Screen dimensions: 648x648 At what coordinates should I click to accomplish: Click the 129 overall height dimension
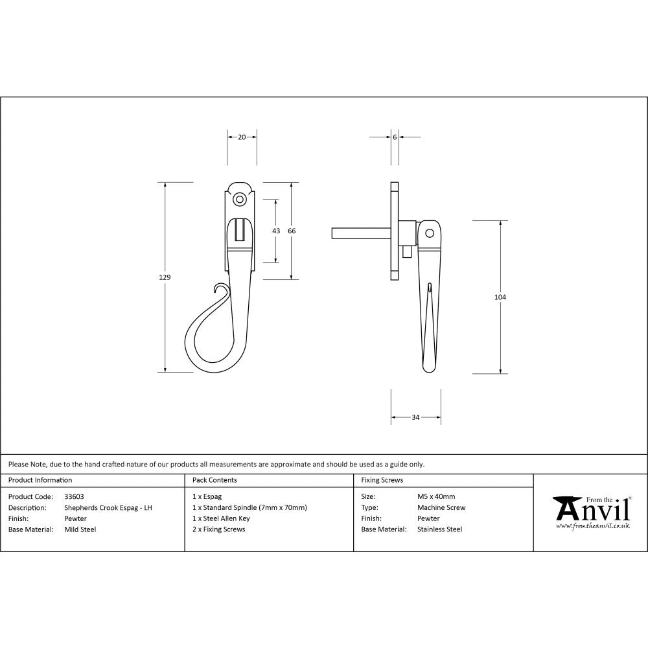pos(165,277)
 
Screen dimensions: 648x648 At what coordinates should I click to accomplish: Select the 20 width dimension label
pos(242,137)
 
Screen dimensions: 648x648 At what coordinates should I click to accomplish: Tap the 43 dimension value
pos(276,231)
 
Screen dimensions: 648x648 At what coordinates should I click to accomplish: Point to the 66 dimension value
pos(292,231)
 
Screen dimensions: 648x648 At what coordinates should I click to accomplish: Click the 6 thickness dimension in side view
pos(395,137)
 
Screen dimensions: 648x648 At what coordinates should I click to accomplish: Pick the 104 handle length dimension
pos(500,297)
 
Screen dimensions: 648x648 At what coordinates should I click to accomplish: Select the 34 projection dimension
pos(415,417)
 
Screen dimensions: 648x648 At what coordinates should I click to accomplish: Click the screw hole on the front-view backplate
pos(240,199)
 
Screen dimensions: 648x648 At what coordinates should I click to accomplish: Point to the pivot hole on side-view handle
pos(428,233)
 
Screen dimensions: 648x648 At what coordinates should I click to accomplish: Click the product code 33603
pos(74,497)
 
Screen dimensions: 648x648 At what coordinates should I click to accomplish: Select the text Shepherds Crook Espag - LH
pos(108,508)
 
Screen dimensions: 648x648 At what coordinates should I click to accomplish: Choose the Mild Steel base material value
pos(80,529)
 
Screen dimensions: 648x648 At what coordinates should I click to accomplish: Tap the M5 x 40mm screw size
pos(436,497)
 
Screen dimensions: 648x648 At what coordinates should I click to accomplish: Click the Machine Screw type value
pos(441,508)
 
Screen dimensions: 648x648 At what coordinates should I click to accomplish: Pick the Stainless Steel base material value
pos(439,529)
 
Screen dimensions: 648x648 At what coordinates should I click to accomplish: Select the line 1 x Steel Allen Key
pos(221,518)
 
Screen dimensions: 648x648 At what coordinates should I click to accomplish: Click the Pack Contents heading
pos(214,480)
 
